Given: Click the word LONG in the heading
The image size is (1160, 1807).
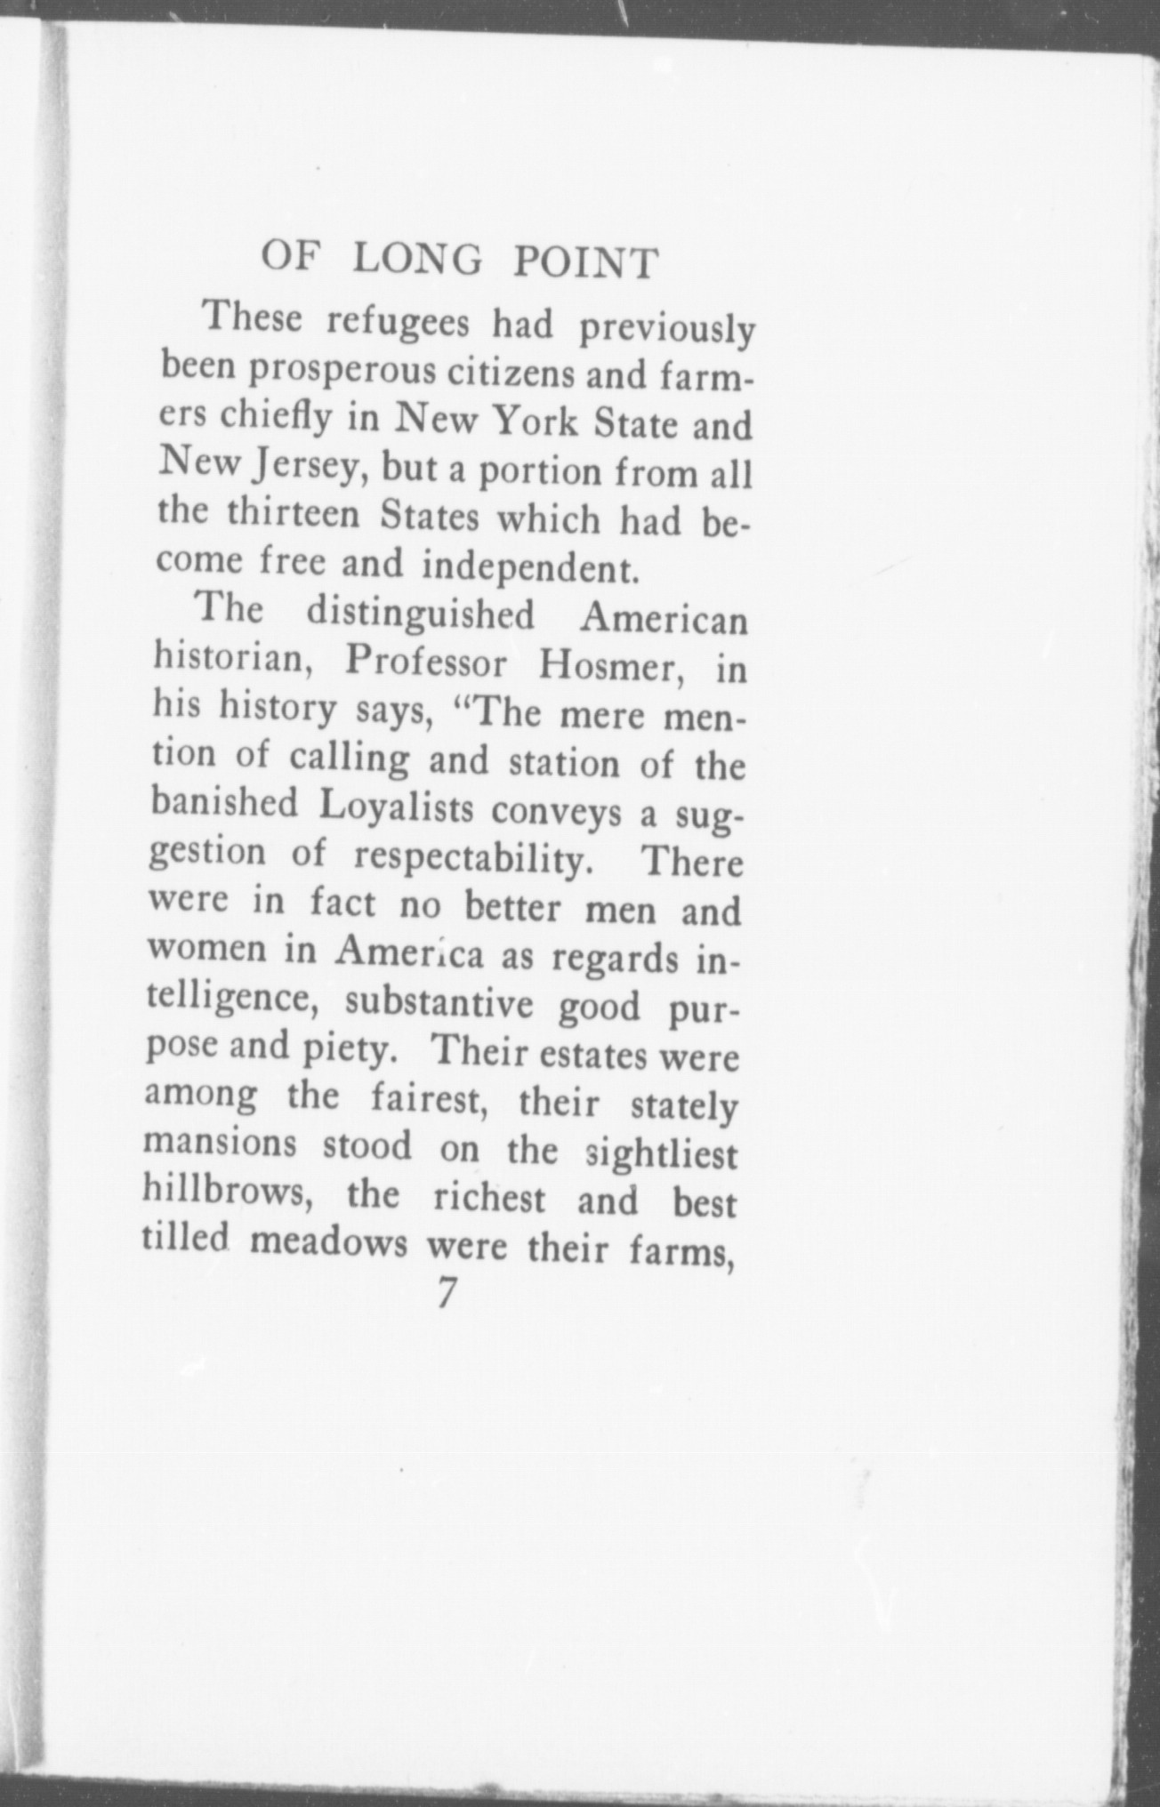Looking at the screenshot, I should pos(418,260).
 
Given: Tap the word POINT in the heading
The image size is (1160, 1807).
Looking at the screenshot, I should pos(586,263).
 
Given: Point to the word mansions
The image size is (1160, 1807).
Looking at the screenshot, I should pos(219,1144).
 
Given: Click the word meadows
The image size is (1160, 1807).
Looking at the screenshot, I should pos(330,1243).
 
